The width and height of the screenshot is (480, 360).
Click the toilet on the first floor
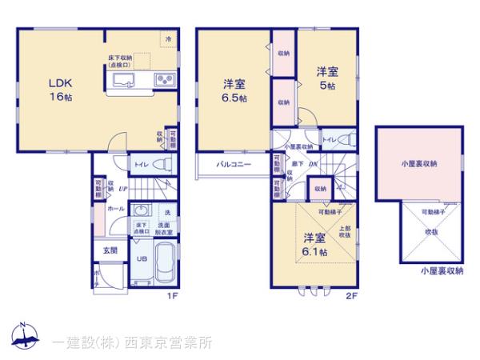click(159, 164)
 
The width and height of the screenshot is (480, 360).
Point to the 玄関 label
click(109, 250)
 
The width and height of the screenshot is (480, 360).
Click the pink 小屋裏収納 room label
click(419, 163)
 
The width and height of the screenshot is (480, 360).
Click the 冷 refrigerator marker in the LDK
click(168, 38)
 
